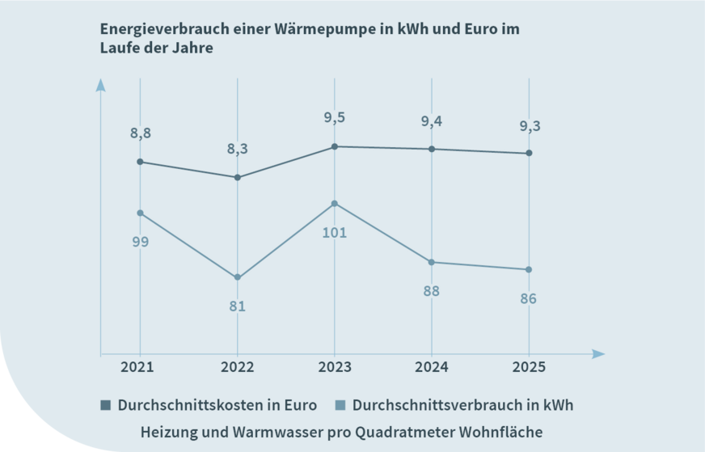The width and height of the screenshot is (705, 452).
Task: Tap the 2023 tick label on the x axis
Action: pyautogui.click(x=334, y=367)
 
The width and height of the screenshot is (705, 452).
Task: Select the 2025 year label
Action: pyautogui.click(x=528, y=367)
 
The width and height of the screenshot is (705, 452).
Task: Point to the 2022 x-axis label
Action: pyautogui.click(x=237, y=367)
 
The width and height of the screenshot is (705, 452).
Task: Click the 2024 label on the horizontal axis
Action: pyautogui.click(x=431, y=367)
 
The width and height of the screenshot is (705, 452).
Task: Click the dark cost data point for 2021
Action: pyautogui.click(x=140, y=162)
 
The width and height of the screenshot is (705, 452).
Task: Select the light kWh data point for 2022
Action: pyautogui.click(x=237, y=277)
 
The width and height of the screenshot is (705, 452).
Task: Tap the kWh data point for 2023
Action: pyautogui.click(x=334, y=204)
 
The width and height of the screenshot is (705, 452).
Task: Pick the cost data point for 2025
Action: pyautogui.click(x=528, y=153)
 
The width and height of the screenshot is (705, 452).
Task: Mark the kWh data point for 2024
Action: pyautogui.click(x=431, y=262)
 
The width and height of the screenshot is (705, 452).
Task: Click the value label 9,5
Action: pyautogui.click(x=334, y=118)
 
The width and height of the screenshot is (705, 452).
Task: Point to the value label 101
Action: pyautogui.click(x=334, y=233)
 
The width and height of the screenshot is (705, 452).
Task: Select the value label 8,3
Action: pyautogui.click(x=237, y=150)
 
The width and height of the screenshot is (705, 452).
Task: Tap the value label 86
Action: pyautogui.click(x=528, y=299)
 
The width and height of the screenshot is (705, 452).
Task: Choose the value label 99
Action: pyautogui.click(x=140, y=242)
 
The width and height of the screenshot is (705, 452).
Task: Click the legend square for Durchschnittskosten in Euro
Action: pyautogui.click(x=105, y=405)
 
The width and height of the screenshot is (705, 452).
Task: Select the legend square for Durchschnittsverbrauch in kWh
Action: pyautogui.click(x=340, y=405)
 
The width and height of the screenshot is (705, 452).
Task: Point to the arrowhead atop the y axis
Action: pyautogui.click(x=100, y=84)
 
